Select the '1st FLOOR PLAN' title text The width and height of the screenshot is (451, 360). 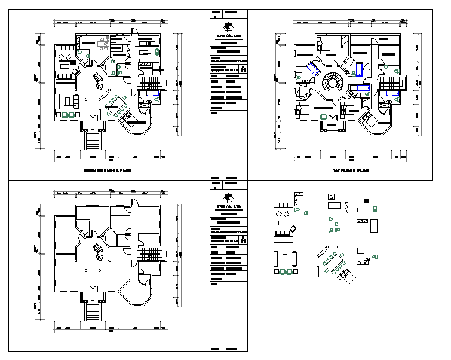click(351, 170)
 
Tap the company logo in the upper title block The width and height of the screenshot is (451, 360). click(228, 28)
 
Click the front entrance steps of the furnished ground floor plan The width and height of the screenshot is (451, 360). click(93, 141)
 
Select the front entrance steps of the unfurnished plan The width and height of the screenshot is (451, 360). click(93, 310)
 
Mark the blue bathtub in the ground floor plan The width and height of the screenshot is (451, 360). click(152, 94)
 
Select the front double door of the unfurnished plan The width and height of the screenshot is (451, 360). click(92, 290)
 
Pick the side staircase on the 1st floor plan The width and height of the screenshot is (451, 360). click(389, 83)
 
